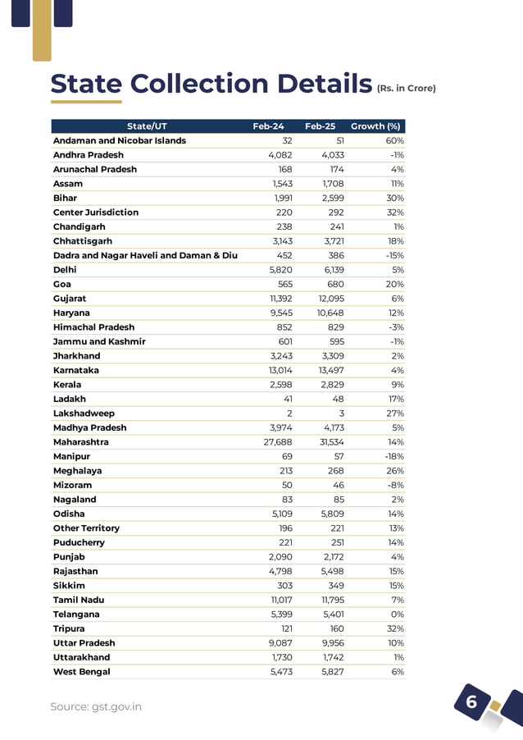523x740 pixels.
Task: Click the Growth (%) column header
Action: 375,126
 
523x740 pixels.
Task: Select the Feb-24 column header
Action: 268,126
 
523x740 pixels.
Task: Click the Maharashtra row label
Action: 81,442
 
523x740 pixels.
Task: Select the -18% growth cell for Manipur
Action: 393,456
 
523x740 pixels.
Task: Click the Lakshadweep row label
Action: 84,413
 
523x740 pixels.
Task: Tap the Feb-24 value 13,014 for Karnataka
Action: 275,370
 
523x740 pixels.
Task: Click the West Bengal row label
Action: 81,672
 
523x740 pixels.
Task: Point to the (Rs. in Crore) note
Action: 406,89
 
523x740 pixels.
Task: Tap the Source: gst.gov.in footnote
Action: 96,706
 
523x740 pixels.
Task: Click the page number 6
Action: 471,702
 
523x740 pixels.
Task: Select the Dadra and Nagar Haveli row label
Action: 145,255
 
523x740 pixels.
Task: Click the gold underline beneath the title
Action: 86,102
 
